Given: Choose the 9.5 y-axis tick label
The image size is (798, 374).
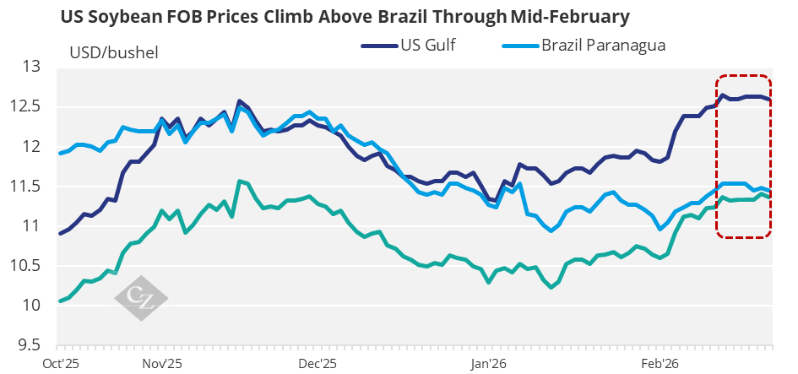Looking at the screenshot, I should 30,344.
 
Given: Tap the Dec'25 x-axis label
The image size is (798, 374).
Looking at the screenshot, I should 318,363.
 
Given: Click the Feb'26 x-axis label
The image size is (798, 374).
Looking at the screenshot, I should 660,363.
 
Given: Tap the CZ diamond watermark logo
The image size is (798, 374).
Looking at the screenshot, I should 141,297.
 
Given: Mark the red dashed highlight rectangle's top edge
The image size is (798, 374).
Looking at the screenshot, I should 743,74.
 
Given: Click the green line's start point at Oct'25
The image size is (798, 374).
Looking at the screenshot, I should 59,301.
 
